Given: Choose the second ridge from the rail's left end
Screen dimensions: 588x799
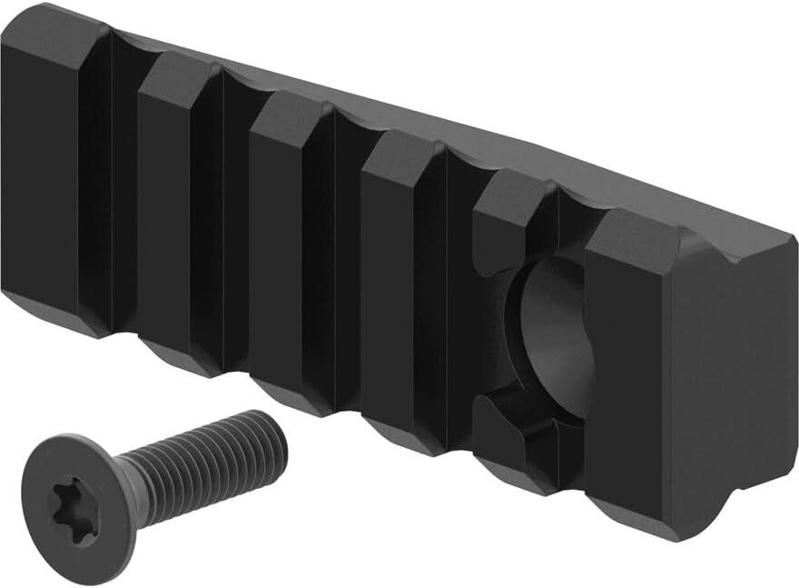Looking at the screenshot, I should (168, 218).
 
